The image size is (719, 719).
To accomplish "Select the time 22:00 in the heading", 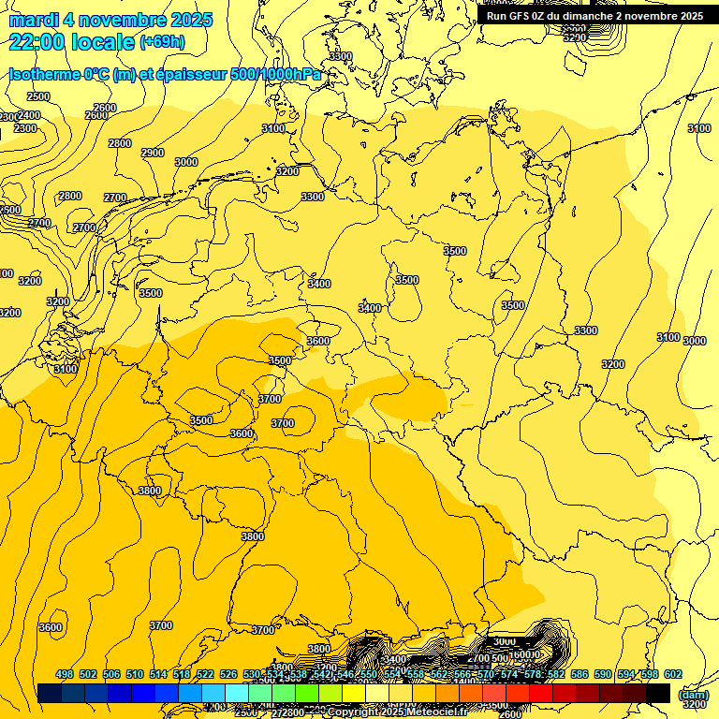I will pos(39,42).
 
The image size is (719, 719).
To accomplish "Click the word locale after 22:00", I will pos(105,42).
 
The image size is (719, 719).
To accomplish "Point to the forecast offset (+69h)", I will pos(162,42).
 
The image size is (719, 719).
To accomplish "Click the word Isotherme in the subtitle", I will pos(44,74).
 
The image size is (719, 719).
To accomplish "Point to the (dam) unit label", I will pos(693,694).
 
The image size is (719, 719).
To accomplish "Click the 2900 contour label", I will pos(153,153).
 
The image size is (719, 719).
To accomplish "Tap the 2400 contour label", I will pos(29,115).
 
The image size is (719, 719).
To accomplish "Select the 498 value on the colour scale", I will pos(65,674).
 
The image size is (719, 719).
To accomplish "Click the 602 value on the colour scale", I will pos(673,674).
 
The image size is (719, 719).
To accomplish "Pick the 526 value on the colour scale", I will pos(228,674).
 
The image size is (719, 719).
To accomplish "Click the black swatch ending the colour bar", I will pos(658,693).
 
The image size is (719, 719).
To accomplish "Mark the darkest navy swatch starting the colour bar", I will pos(50,693).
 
